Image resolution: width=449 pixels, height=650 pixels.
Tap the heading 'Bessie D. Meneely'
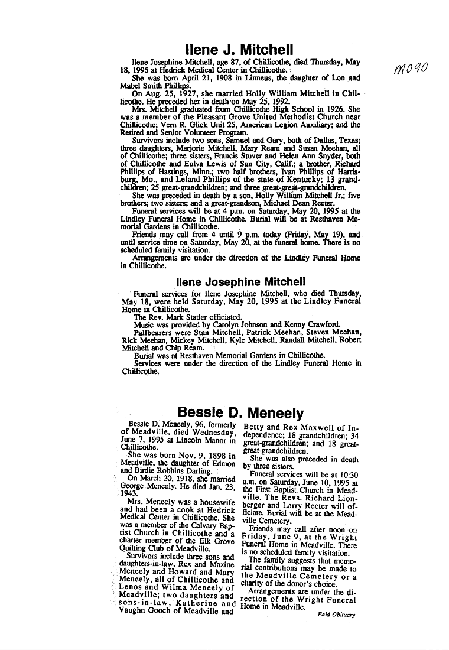point(240,412)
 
